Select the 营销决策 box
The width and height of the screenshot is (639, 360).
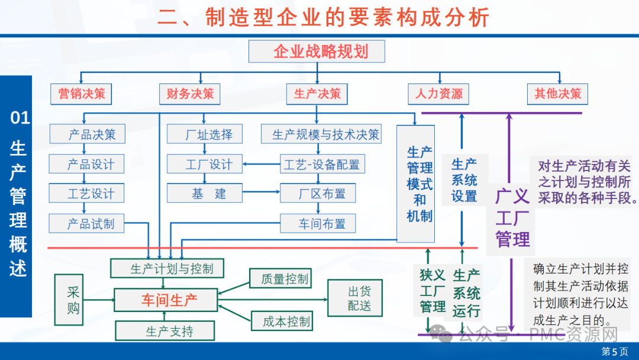click(82, 94)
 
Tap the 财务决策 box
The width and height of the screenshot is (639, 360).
click(189, 94)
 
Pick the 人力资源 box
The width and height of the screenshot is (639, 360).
click(438, 94)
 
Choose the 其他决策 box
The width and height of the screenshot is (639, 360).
click(557, 94)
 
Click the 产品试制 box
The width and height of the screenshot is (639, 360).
click(91, 223)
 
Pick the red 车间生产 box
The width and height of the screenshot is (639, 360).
click(169, 300)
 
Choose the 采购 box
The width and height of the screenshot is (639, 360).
click(72, 300)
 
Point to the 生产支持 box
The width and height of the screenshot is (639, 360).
click(169, 330)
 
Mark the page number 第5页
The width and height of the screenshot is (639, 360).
click(615, 351)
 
